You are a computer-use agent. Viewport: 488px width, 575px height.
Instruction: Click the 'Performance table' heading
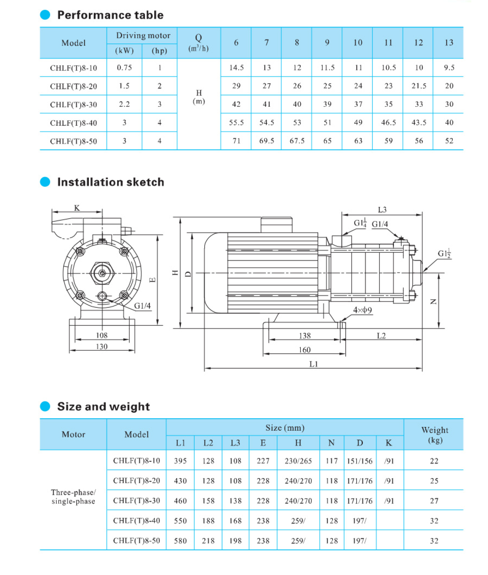point(110,15)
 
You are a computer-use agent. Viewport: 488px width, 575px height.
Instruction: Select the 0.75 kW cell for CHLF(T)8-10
point(124,68)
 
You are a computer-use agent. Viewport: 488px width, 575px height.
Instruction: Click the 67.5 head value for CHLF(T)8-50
point(297,141)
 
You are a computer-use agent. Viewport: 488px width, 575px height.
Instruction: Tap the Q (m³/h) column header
point(198,43)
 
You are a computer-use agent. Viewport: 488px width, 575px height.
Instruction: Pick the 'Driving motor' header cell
point(143,36)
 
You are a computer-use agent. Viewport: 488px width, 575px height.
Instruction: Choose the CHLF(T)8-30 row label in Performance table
point(73,105)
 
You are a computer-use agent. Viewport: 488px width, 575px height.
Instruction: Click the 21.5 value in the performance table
point(418,86)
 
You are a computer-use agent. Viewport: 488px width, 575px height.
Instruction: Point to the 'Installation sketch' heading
point(110,182)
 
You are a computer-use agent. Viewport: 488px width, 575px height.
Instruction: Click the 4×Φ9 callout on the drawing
point(362,310)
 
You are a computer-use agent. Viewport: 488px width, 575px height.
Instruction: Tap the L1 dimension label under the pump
point(313,364)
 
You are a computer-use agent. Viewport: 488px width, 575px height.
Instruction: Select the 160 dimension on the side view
point(304,350)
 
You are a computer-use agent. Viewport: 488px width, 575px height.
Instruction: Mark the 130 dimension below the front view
point(101,346)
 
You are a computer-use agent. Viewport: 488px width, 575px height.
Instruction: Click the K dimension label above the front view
point(77,208)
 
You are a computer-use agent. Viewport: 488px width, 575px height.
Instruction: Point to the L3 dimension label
point(382,210)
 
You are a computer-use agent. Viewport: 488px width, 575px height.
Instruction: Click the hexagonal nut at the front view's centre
point(102,273)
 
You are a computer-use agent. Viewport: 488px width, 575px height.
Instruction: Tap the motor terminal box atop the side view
point(276,225)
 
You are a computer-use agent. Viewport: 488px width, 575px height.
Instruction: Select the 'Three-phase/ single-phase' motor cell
point(73,497)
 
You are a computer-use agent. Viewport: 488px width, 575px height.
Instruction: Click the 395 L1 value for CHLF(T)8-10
point(180,461)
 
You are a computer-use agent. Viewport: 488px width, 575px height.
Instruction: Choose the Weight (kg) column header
point(434,435)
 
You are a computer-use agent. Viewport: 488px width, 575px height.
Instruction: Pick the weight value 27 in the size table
point(434,501)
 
